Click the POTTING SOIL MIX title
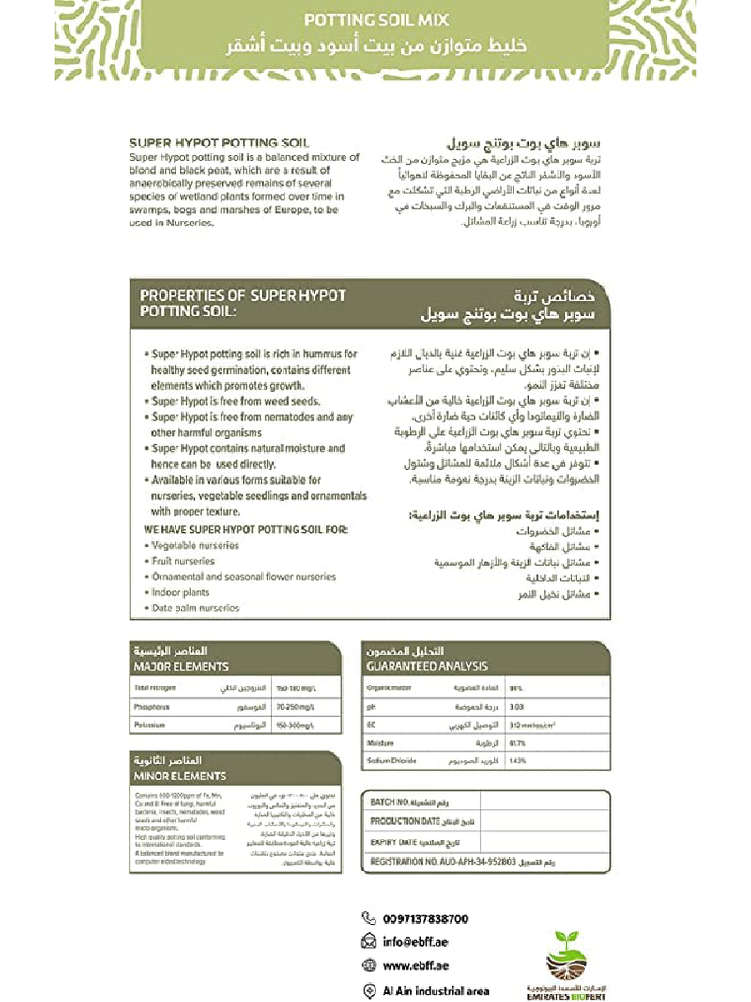coord(376,20)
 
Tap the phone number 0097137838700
coord(425,918)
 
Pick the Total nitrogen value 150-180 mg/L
coord(294,688)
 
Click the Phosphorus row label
coord(152,707)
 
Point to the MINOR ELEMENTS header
coord(180,777)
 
